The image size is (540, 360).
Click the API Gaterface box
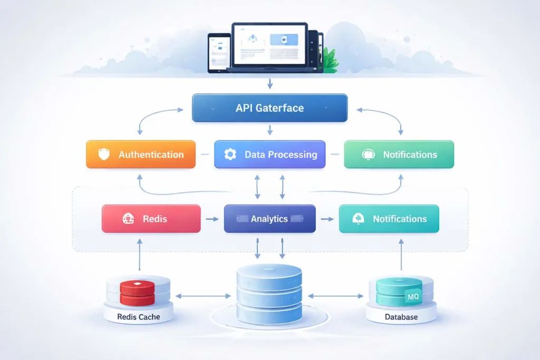point(269,108)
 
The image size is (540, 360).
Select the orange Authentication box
point(141,154)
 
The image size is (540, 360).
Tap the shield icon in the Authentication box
point(104,154)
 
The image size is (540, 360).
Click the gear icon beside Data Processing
point(230,154)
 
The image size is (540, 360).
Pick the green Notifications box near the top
point(399,154)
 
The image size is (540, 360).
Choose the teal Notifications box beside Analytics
point(389,219)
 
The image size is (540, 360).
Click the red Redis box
point(151,219)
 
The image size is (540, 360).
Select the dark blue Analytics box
point(269,219)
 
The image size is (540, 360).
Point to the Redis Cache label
point(139,317)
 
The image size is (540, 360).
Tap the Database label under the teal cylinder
point(401,317)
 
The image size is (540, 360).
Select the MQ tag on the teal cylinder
point(413,298)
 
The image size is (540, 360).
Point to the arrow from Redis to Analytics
point(212,219)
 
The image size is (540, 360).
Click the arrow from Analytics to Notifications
point(327,219)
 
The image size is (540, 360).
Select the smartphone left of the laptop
point(219,53)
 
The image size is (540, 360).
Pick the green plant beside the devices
point(330,61)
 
